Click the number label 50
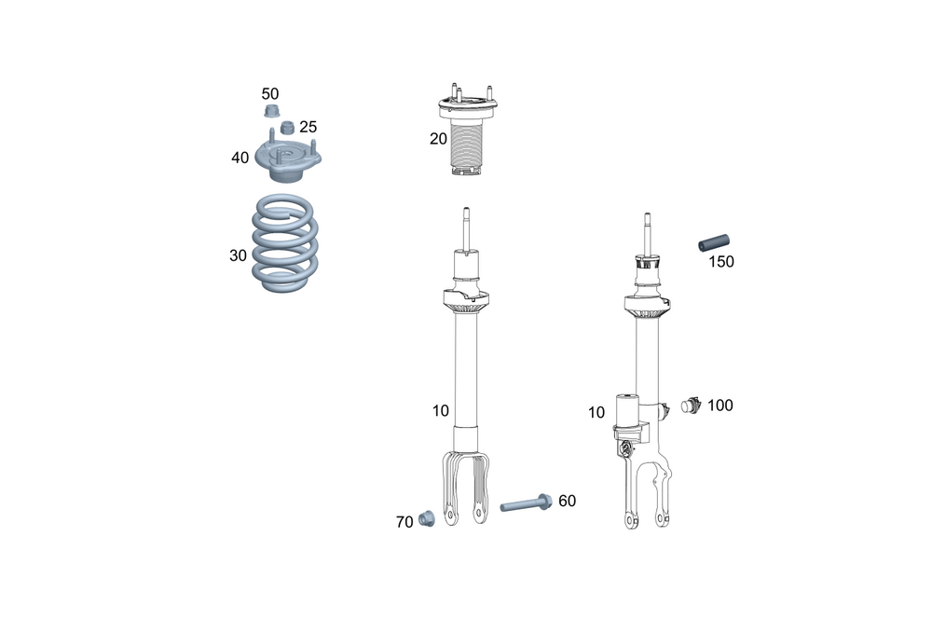[x=269, y=94]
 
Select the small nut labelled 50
[x=273, y=113]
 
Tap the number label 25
[x=308, y=127]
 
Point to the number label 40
[x=240, y=158]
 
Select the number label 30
[x=239, y=254]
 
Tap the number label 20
[x=438, y=139]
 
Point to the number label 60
[x=567, y=502]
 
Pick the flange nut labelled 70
[x=429, y=518]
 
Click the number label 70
[x=404, y=523]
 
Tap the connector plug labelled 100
[x=691, y=406]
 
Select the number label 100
[x=720, y=406]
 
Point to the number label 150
[x=720, y=262]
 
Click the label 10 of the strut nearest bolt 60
[x=440, y=410]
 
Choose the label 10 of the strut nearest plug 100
[x=596, y=412]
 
